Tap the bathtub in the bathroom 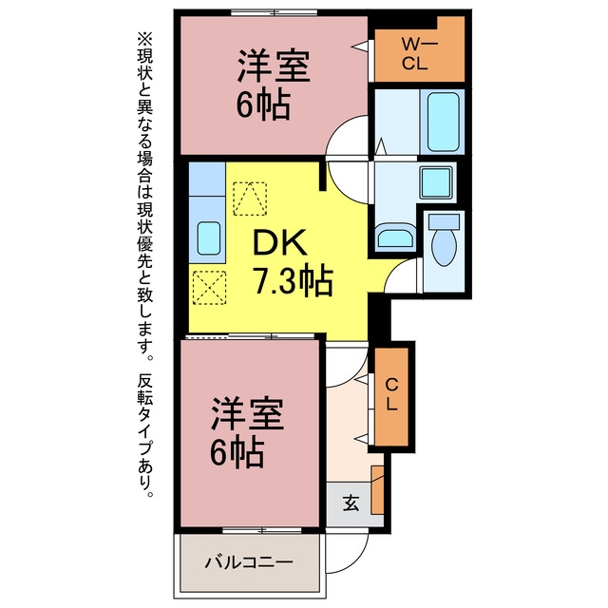[443, 122]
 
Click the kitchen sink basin [209, 237]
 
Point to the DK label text [279, 242]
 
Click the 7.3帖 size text [294, 279]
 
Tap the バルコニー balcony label [249, 561]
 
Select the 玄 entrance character [351, 503]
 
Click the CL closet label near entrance [392, 395]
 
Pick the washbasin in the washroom [395, 236]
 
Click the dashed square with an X [209, 287]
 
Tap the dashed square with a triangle [250, 199]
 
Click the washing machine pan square [437, 182]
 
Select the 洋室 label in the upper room [274, 66]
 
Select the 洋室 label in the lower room [247, 413]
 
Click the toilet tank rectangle [444, 221]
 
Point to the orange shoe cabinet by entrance [377, 490]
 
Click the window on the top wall [275, 12]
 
